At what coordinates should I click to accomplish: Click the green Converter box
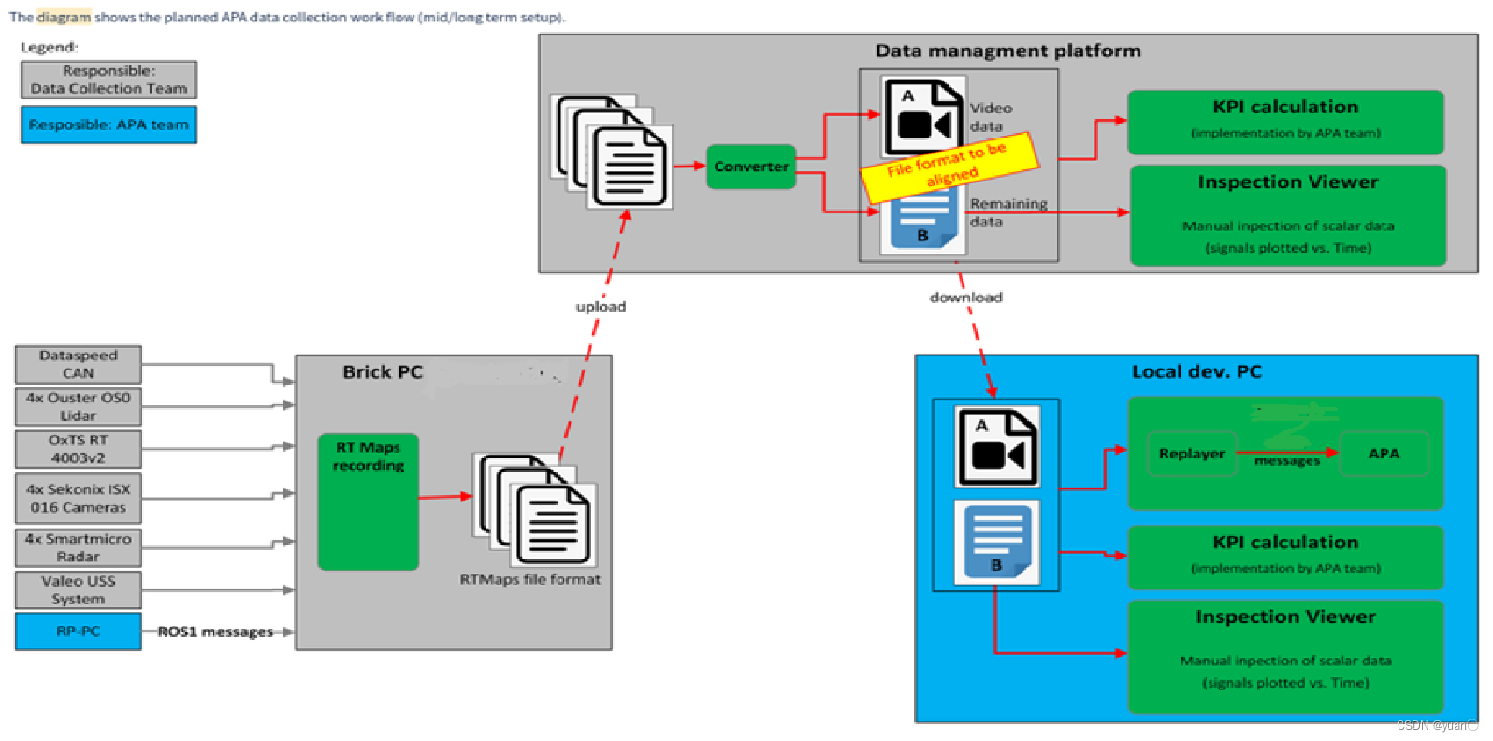[x=750, y=167]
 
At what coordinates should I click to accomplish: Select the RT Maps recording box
[x=368, y=501]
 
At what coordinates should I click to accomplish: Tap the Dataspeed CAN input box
[x=78, y=364]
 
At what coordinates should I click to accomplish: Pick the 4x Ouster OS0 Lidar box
[x=78, y=406]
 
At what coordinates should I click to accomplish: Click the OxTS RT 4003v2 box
[x=78, y=449]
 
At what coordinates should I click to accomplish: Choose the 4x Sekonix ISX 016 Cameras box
[x=78, y=498]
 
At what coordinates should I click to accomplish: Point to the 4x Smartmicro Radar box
[x=78, y=547]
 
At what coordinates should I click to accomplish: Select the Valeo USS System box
[x=78, y=590]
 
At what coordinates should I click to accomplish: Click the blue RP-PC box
[x=78, y=632]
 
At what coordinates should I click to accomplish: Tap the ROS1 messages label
[x=215, y=632]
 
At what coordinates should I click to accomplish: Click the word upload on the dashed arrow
[x=601, y=307]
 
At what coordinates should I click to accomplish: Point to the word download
[x=965, y=298]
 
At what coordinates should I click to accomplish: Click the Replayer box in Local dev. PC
[x=1192, y=454]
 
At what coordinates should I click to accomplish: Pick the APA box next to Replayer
[x=1384, y=454]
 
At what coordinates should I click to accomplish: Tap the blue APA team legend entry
[x=109, y=124]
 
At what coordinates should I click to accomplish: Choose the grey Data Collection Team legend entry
[x=109, y=80]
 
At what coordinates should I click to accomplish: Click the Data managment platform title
[x=1007, y=51]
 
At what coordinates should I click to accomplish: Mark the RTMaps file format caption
[x=529, y=579]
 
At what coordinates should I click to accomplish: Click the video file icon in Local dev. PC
[x=996, y=446]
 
